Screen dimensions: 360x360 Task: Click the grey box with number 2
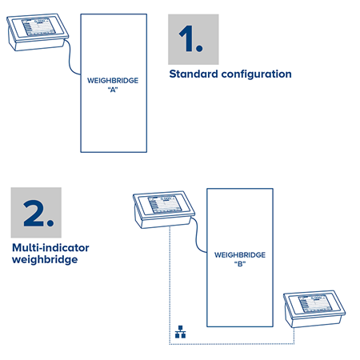[36, 214]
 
